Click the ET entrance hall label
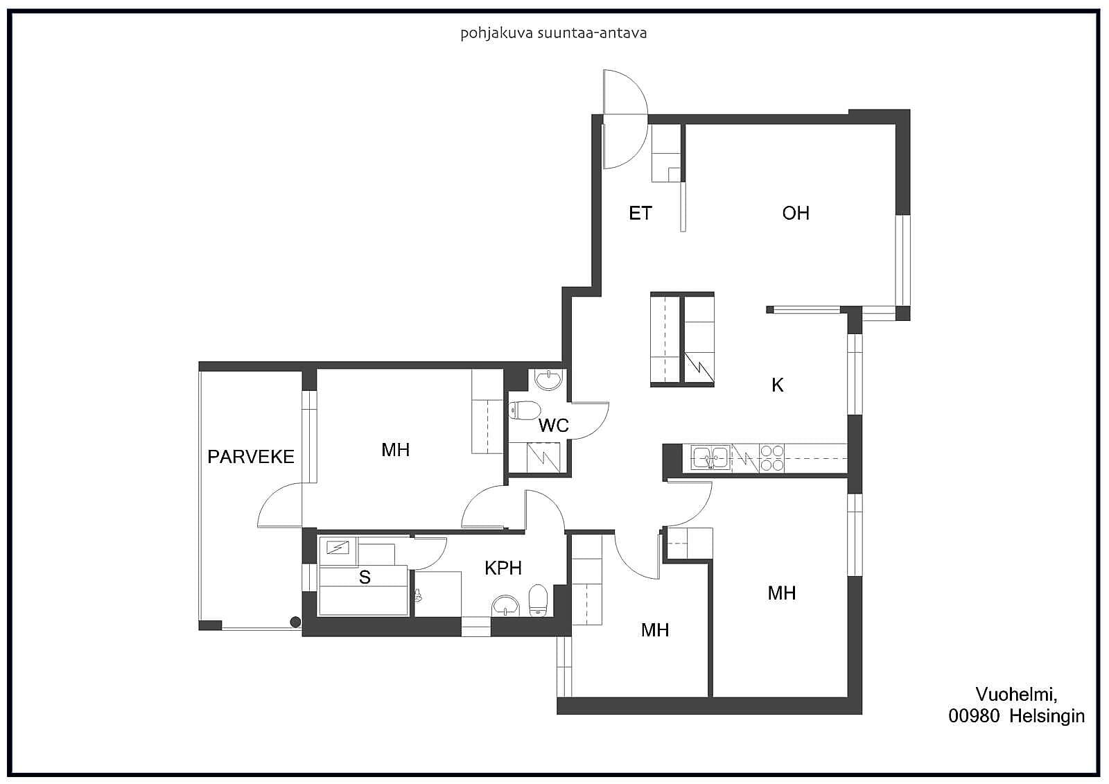(640, 214)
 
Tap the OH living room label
(796, 214)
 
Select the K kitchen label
(777, 385)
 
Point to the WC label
(554, 426)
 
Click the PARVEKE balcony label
(250, 457)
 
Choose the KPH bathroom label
(503, 568)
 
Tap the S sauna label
(365, 577)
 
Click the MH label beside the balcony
(395, 450)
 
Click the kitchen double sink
(711, 457)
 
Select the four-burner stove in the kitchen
(772, 458)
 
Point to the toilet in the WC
(524, 410)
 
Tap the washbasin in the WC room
(548, 380)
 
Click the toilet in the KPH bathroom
(538, 600)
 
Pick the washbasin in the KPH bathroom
(505, 606)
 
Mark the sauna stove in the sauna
(338, 548)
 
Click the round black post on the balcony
(295, 622)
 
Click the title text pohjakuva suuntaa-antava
(554, 34)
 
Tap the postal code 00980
(974, 716)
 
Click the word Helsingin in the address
(1047, 717)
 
